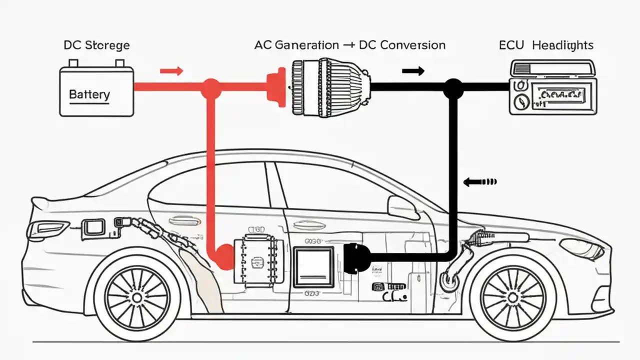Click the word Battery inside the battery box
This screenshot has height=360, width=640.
89,94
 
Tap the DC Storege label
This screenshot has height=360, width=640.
96,45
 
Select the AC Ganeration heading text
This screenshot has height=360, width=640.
296,45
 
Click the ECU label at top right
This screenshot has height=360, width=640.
511,45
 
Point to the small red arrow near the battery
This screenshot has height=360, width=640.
171,71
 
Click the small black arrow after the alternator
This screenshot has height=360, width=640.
413,71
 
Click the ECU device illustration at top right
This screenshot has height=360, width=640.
553,87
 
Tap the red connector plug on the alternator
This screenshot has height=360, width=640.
274,87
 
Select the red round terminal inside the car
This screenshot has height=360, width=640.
224,256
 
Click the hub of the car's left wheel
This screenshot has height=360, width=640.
136,298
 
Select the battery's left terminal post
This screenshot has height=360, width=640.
73,63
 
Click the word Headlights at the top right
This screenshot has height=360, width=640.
562,45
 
